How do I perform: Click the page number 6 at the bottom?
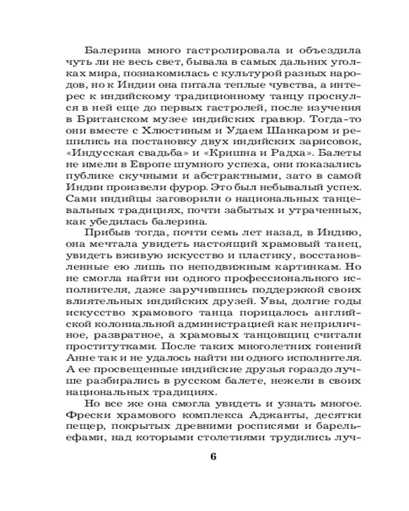coord(214,456)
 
